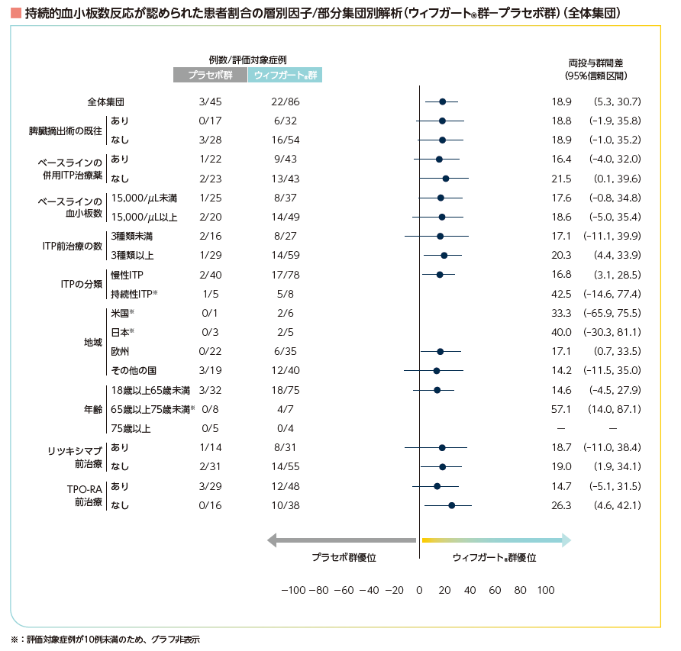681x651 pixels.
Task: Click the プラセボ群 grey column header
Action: tap(210, 75)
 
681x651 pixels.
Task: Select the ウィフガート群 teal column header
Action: tap(285, 75)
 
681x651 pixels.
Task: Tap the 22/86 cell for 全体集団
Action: tap(285, 102)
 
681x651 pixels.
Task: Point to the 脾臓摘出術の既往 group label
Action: tap(65, 131)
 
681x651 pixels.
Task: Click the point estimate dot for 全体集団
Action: tap(443, 102)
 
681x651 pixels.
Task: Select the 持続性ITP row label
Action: tap(134, 294)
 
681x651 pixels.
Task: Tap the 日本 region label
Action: tap(122, 332)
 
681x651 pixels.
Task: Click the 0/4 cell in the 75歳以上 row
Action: tap(285, 428)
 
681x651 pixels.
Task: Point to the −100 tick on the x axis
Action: tap(294, 590)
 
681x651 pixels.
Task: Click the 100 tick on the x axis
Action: tap(545, 590)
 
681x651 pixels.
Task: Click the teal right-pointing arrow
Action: tap(496, 540)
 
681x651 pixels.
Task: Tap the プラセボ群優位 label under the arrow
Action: tap(344, 558)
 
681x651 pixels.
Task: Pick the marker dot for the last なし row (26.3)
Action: tap(451, 505)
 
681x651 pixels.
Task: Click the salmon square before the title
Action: tap(15, 14)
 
